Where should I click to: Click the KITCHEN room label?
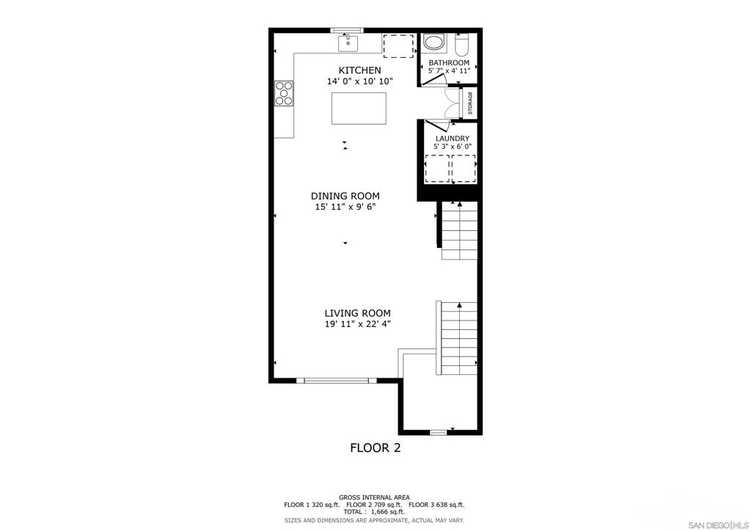coord(359,70)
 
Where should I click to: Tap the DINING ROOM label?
coord(345,196)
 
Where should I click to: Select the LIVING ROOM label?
coord(357,313)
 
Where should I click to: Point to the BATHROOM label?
coord(449,63)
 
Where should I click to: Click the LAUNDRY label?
coord(452,139)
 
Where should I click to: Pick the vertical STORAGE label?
coord(470,103)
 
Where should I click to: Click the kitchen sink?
coord(348,43)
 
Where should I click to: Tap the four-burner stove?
coord(284,93)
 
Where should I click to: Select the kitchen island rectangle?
coord(359,109)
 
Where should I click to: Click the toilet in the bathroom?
coord(461,45)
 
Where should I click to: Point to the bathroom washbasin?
coord(434,42)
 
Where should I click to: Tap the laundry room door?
coord(437,126)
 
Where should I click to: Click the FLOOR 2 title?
coord(375,447)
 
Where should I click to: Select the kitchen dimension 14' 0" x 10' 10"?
coord(359,81)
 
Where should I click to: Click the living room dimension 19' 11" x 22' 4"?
coord(357,324)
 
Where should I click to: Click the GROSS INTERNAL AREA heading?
coord(374,497)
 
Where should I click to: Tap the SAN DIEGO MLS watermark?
coord(717,524)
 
